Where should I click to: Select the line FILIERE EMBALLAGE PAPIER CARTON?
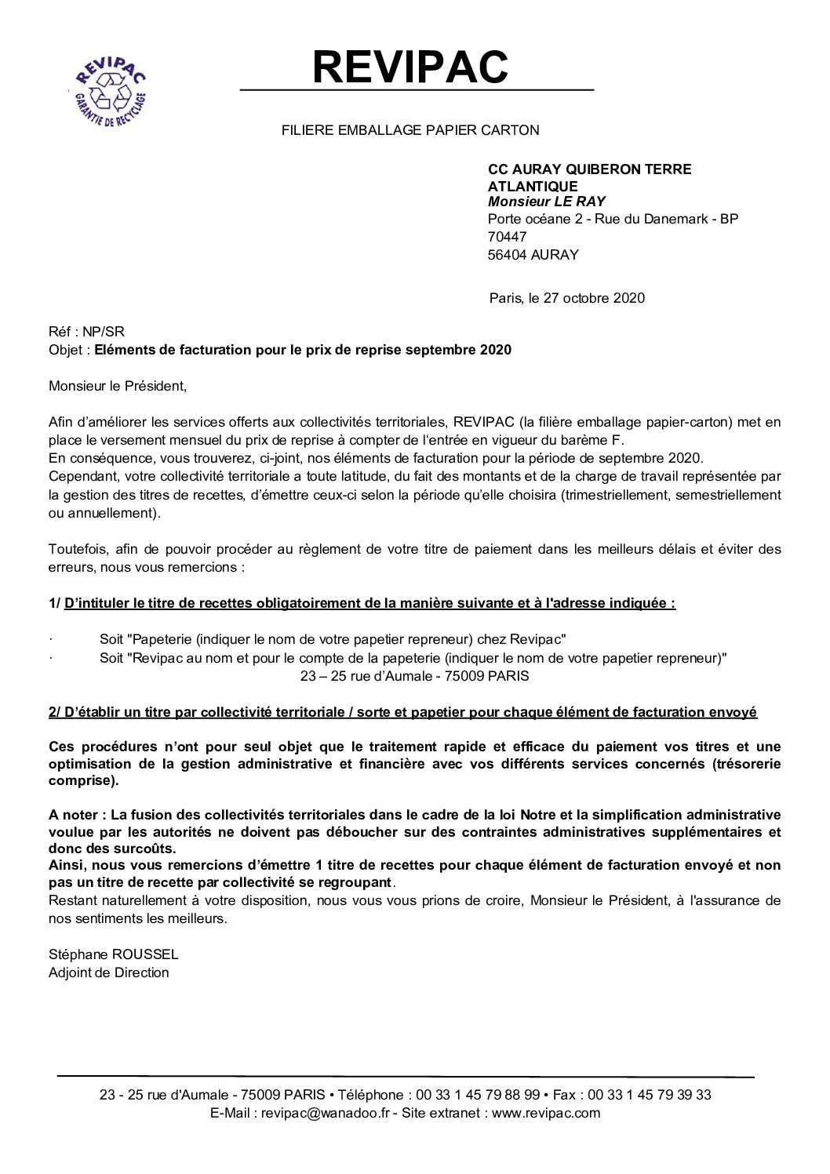point(410,130)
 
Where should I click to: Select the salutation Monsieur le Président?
point(118,386)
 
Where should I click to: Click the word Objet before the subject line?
point(66,350)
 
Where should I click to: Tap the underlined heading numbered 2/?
point(402,712)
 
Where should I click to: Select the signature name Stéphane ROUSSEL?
point(113,954)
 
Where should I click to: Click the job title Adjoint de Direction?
point(108,972)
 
